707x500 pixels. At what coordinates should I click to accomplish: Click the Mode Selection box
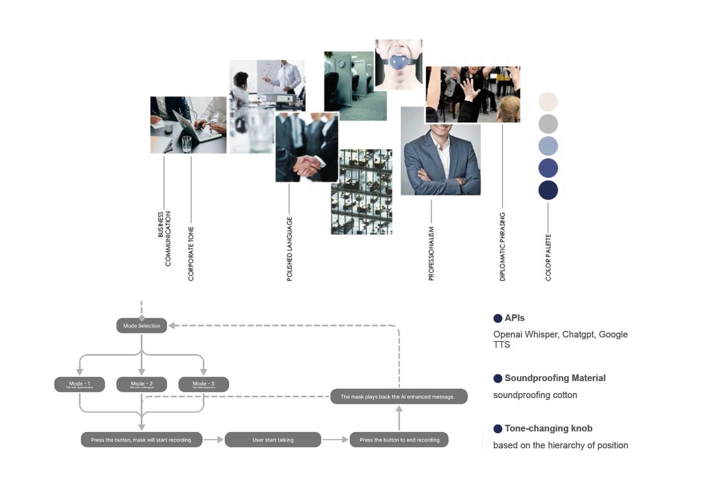[x=142, y=325]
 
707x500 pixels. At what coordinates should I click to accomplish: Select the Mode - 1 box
[x=79, y=384]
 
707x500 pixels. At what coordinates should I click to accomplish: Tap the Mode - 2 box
[x=142, y=384]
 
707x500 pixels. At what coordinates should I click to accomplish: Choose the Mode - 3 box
[x=204, y=384]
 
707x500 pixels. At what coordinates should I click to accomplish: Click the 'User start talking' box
[x=273, y=439]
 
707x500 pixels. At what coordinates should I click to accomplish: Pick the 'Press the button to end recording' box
[x=399, y=439]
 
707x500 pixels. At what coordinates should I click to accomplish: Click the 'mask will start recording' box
[x=141, y=439]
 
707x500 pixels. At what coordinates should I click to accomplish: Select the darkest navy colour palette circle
[x=548, y=190]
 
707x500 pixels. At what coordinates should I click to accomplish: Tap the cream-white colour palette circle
[x=548, y=102]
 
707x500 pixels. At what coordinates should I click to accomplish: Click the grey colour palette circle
[x=548, y=124]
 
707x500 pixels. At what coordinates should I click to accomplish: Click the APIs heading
[x=515, y=318]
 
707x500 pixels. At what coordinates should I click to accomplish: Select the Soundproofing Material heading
[x=555, y=378]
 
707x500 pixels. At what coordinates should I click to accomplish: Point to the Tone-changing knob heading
[x=548, y=428]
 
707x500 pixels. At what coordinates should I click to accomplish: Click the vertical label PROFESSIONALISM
[x=431, y=253]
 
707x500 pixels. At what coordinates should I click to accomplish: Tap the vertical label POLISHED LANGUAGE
[x=290, y=249]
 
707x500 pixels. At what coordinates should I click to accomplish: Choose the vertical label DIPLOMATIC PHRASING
[x=503, y=246]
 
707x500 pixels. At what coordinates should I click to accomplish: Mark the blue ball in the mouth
[x=399, y=61]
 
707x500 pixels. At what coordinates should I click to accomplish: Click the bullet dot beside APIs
[x=498, y=318]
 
